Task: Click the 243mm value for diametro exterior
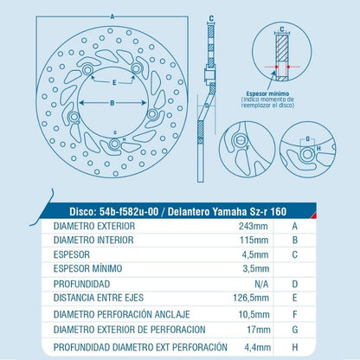click(x=253, y=226)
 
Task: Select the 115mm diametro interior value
click(x=254, y=240)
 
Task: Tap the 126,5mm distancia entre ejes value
click(x=251, y=298)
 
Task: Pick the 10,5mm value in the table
click(x=254, y=314)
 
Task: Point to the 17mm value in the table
click(x=259, y=330)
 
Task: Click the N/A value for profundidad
click(x=261, y=284)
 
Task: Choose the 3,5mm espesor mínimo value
click(x=256, y=269)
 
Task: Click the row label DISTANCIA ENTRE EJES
click(x=99, y=298)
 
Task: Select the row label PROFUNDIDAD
click(x=81, y=284)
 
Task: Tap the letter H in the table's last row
click(x=294, y=347)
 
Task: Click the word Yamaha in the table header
click(x=229, y=212)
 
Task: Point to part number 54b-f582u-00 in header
click(x=129, y=212)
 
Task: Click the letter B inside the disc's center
click(x=112, y=103)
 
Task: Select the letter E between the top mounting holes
click(x=114, y=83)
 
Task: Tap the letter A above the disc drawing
click(x=112, y=17)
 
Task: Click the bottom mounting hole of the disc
click(x=114, y=144)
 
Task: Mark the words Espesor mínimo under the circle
click(x=267, y=93)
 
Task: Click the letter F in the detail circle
click(x=247, y=148)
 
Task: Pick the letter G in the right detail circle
click(x=307, y=138)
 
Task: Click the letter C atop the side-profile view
click(x=211, y=18)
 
